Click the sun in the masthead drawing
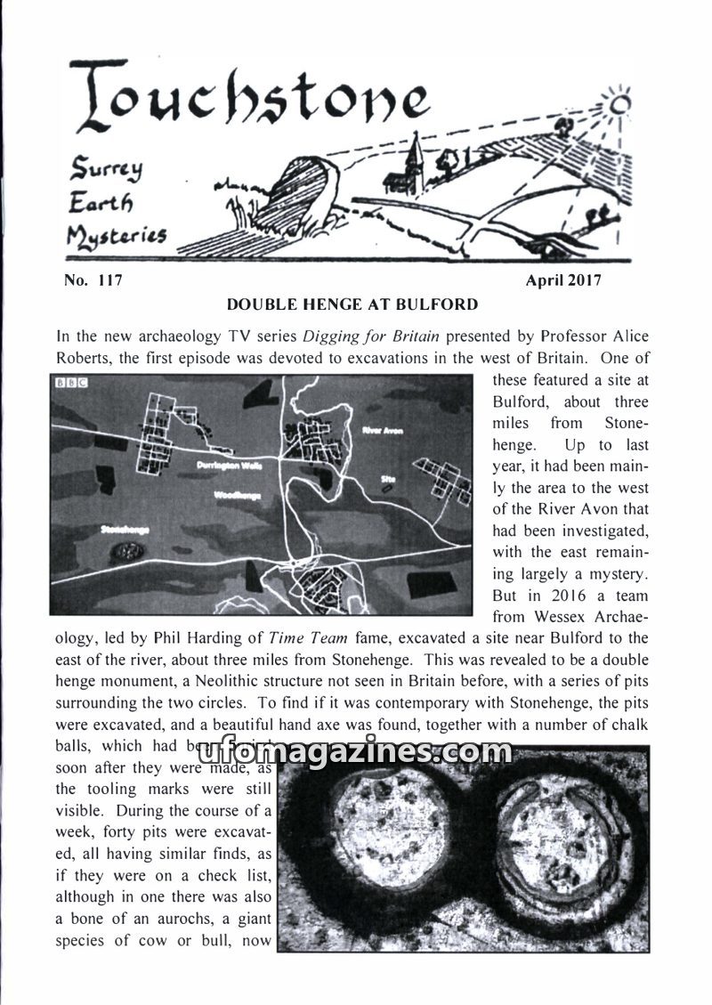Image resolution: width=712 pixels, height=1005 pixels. click(620, 105)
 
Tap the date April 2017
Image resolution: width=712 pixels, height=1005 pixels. click(563, 280)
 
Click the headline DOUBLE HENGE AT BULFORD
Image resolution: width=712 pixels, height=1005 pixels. click(352, 304)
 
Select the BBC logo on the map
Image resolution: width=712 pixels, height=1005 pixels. click(68, 384)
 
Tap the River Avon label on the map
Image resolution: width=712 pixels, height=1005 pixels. click(383, 430)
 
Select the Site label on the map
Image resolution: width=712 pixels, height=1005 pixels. click(387, 479)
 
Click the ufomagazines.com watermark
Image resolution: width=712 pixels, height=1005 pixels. click(355, 752)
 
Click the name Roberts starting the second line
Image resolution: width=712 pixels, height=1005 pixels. click(83, 359)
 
